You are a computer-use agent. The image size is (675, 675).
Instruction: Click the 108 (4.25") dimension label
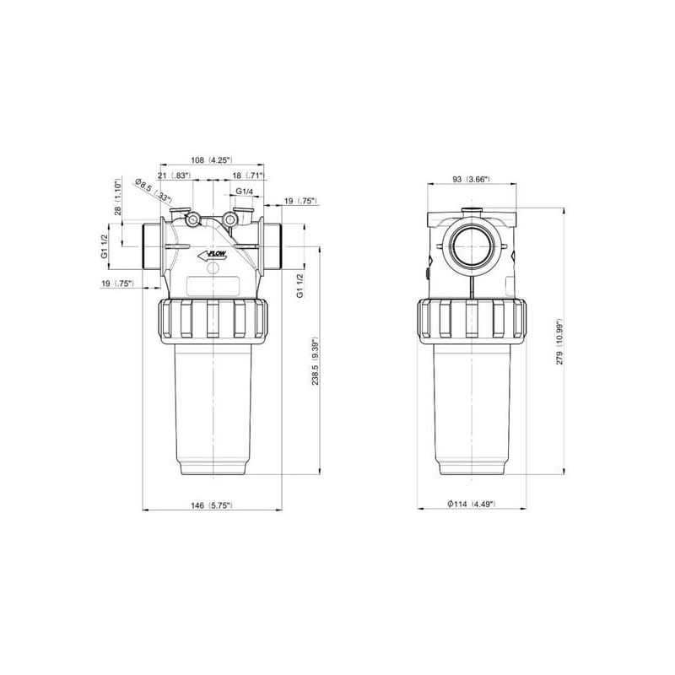point(212,160)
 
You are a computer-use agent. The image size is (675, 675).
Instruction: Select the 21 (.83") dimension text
point(174,175)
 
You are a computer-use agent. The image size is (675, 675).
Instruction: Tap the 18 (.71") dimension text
point(248,175)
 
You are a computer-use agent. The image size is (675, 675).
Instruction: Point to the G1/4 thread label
point(244,191)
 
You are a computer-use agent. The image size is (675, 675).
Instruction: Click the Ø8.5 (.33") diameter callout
point(154,190)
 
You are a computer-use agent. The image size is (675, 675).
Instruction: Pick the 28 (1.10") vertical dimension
point(118,197)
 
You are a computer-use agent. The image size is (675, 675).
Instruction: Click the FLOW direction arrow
point(212,256)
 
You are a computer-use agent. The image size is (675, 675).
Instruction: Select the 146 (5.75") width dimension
point(212,505)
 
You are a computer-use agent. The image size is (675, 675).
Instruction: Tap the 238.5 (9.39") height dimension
point(315,360)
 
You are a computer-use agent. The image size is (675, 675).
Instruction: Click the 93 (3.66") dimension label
point(472,179)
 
